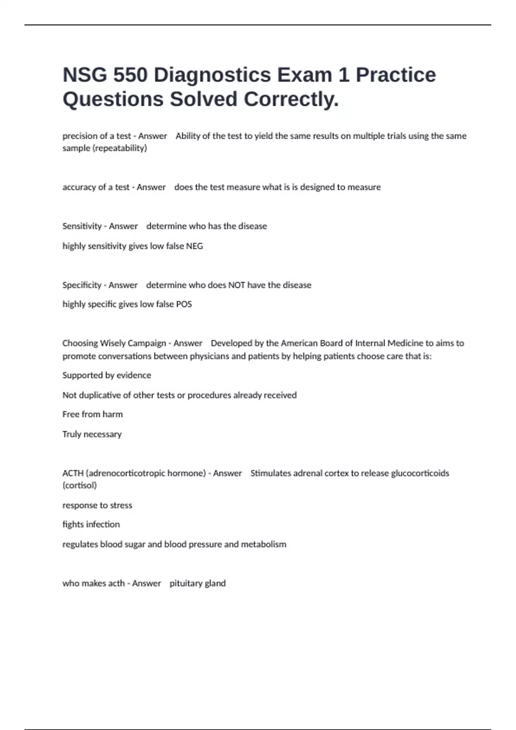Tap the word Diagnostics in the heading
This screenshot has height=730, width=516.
[x=212, y=75]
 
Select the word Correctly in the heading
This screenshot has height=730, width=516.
[x=291, y=99]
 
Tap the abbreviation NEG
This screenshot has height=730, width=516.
[x=194, y=246]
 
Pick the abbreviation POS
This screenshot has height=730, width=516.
[x=184, y=304]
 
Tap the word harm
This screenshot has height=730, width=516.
[x=113, y=414]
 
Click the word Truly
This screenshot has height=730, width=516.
[x=72, y=434]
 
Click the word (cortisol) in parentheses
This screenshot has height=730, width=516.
[x=80, y=485]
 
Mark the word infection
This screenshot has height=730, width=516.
[x=103, y=524]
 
